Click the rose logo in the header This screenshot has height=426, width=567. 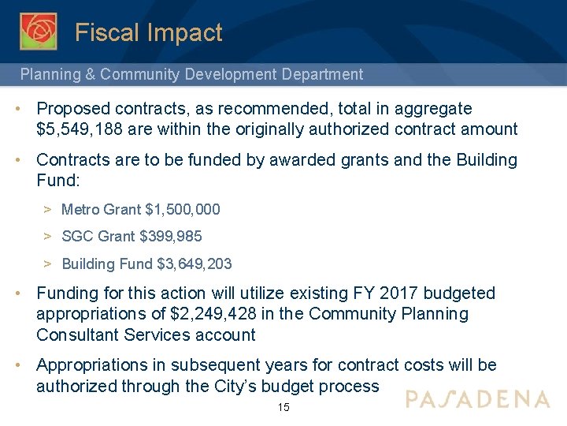38,32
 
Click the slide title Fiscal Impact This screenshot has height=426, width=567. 149,33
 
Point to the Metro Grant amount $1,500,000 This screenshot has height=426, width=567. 183,210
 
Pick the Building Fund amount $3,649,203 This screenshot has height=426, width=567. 195,263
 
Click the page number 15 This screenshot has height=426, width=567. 283,408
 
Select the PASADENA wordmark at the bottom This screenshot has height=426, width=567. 477,398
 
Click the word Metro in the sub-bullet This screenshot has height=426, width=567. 80,210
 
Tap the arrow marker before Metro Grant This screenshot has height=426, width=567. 48,210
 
